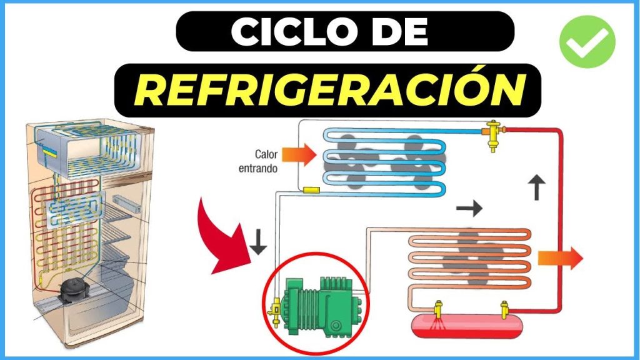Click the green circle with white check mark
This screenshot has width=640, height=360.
[587, 41]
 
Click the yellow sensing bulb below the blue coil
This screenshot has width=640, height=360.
[310, 188]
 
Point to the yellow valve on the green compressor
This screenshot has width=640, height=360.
[273, 309]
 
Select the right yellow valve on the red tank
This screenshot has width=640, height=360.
[505, 309]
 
